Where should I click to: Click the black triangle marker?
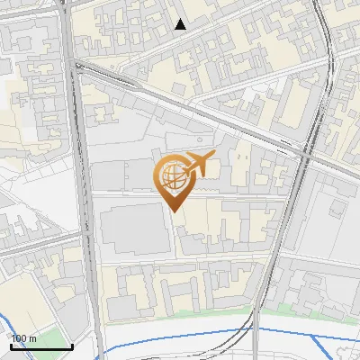pos(181,24)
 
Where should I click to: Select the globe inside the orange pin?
pos(171,175)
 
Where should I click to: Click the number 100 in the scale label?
pos(19,337)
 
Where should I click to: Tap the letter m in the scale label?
pos(32,337)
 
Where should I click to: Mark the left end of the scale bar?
pos(10,346)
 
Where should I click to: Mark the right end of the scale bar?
pos(72,346)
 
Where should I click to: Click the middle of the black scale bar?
pos(40,346)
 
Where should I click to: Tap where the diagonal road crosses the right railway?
pos(307,155)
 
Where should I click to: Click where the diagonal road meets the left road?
pos(79,67)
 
